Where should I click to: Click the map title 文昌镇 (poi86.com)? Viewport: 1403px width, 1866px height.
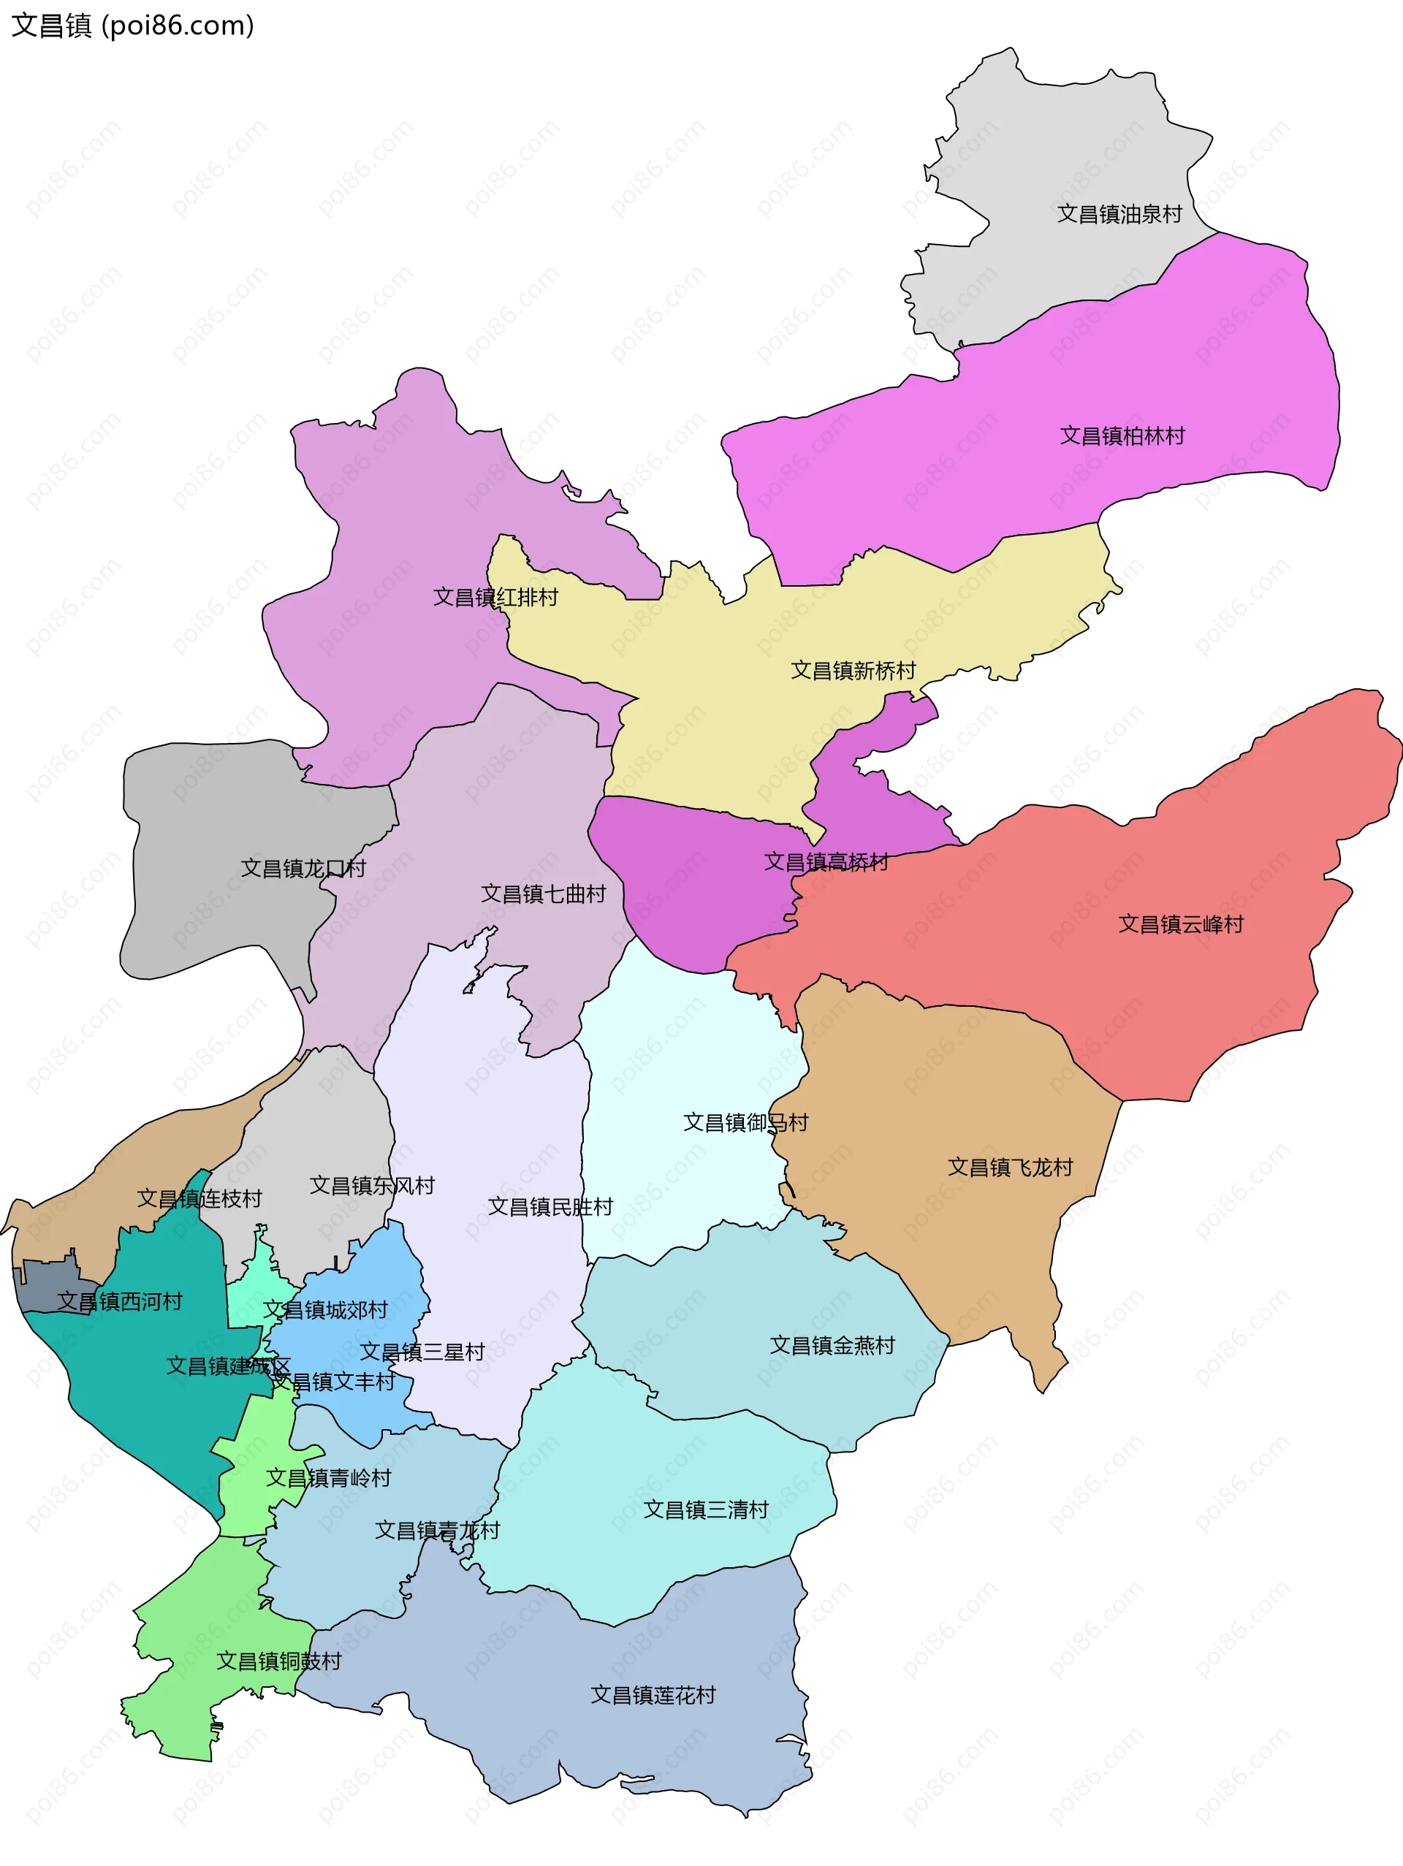pyautogui.click(x=132, y=26)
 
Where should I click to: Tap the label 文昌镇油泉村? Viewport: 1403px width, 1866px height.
pyautogui.click(x=1119, y=214)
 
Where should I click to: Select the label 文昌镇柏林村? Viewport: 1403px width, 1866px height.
pyautogui.click(x=1122, y=436)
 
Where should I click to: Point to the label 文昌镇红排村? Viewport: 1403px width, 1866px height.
pyautogui.click(x=495, y=597)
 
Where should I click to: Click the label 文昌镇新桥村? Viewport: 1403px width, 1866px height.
pyautogui.click(x=853, y=671)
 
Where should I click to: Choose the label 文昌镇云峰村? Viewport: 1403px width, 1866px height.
pyautogui.click(x=1180, y=924)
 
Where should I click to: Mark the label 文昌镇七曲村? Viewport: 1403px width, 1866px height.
pyautogui.click(x=544, y=894)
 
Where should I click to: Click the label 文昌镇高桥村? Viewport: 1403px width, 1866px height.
pyautogui.click(x=826, y=862)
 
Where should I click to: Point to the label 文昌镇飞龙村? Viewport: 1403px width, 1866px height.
pyautogui.click(x=1010, y=1168)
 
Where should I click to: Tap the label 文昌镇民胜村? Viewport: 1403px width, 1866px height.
pyautogui.click(x=550, y=1207)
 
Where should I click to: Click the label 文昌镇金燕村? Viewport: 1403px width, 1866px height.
pyautogui.click(x=832, y=1346)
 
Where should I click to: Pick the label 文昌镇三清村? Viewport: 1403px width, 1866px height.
pyautogui.click(x=705, y=1510)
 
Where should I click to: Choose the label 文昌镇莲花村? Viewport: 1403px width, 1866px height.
pyautogui.click(x=653, y=1695)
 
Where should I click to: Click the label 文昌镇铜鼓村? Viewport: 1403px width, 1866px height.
pyautogui.click(x=278, y=1661)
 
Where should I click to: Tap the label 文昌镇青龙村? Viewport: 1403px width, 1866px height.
pyautogui.click(x=437, y=1530)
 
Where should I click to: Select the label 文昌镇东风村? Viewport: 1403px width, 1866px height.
pyautogui.click(x=372, y=1186)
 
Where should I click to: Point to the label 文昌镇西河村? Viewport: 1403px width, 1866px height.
pyautogui.click(x=120, y=1302)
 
